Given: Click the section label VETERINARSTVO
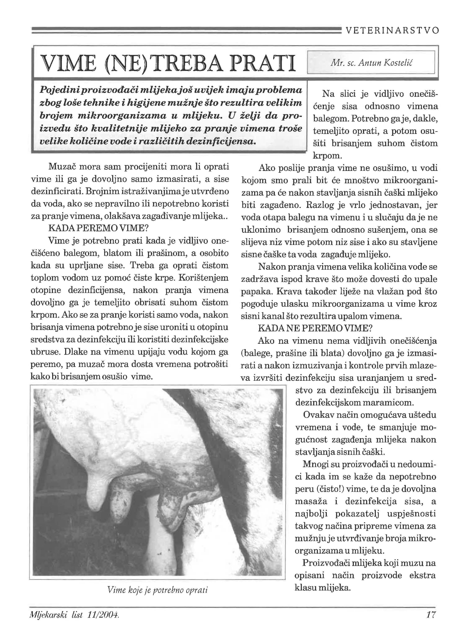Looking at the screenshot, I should click(392, 30).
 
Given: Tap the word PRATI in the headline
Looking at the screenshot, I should click(262, 63).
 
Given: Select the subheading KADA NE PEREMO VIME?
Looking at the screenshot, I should click(315, 328).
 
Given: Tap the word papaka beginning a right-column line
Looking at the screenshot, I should click(256, 292).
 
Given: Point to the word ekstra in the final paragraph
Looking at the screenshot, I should click(422, 575).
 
